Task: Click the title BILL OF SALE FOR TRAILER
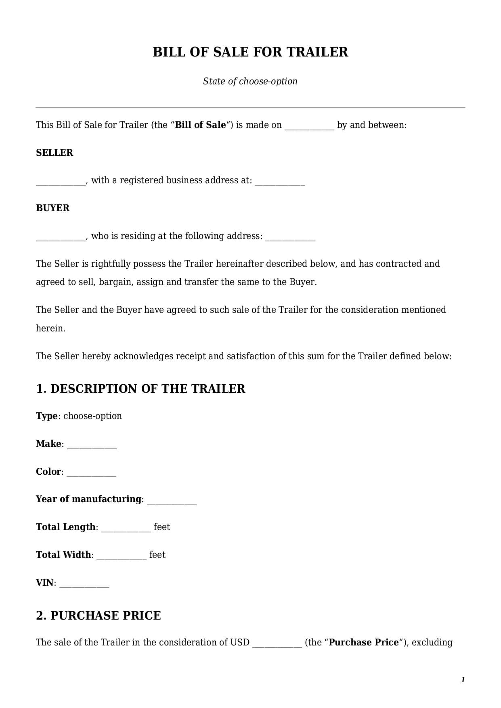[250, 52]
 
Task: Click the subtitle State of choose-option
[250, 81]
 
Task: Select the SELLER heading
[55, 153]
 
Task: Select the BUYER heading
[52, 208]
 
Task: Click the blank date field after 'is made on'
[309, 126]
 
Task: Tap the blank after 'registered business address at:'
[280, 182]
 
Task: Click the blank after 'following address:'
[290, 237]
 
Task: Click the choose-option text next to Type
[92, 416]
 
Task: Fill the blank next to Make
[92, 445]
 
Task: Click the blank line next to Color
[91, 473]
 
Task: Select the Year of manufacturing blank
[172, 500]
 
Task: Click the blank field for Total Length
[126, 528]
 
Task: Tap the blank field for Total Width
[122, 556]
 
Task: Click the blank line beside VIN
[84, 584]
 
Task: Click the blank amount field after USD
[277, 643]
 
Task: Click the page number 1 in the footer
[463, 680]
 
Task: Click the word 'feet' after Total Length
[162, 527]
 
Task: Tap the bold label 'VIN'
[44, 582]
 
